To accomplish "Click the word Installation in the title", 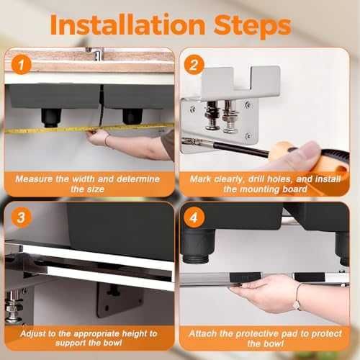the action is tap(127, 25).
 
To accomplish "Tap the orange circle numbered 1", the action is tap(22, 65).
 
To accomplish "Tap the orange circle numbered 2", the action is tap(194, 65).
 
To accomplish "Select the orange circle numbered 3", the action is tap(22, 217).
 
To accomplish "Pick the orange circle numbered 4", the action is tap(194, 217).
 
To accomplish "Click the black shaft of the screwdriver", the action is tap(240, 149).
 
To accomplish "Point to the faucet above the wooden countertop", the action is tap(95, 54).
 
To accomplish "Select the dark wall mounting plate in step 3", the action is tap(120, 300).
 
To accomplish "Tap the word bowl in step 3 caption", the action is tap(112, 343).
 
